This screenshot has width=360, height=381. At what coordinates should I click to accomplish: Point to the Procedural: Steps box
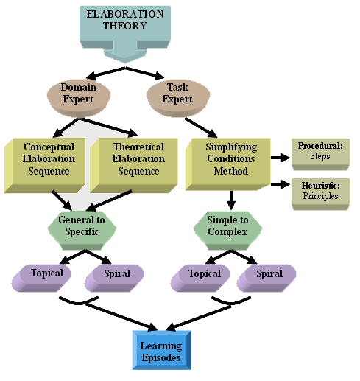[x=322, y=151]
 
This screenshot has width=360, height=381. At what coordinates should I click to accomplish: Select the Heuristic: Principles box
[x=322, y=192]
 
